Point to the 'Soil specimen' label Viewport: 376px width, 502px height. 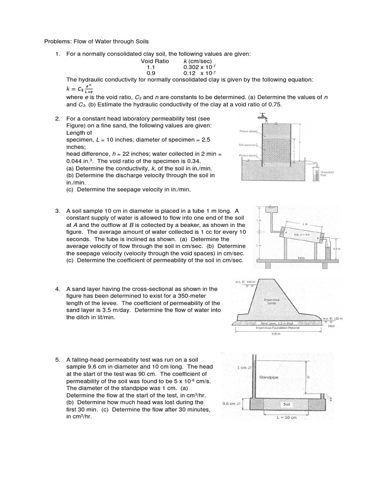[247, 145]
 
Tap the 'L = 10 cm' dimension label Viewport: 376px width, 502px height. [287, 418]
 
